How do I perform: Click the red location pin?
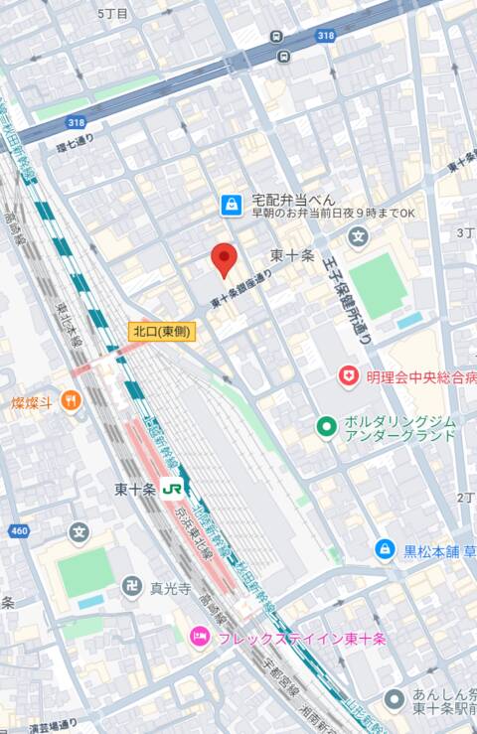coord(225,259)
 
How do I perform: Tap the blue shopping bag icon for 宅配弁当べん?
coord(231,205)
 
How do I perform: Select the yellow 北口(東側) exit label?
coord(162,332)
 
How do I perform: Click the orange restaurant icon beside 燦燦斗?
coord(71,400)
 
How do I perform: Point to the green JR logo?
coord(172,489)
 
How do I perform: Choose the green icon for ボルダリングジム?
coord(325,426)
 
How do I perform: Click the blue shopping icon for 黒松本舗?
coord(385,548)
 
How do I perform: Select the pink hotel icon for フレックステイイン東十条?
coord(200,636)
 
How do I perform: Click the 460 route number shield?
coord(18,531)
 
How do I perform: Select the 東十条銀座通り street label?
coord(240,289)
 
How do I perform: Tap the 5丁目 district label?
coord(113,14)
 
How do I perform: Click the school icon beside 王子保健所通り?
coord(358,236)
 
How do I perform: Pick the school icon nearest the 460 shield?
coord(79,532)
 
